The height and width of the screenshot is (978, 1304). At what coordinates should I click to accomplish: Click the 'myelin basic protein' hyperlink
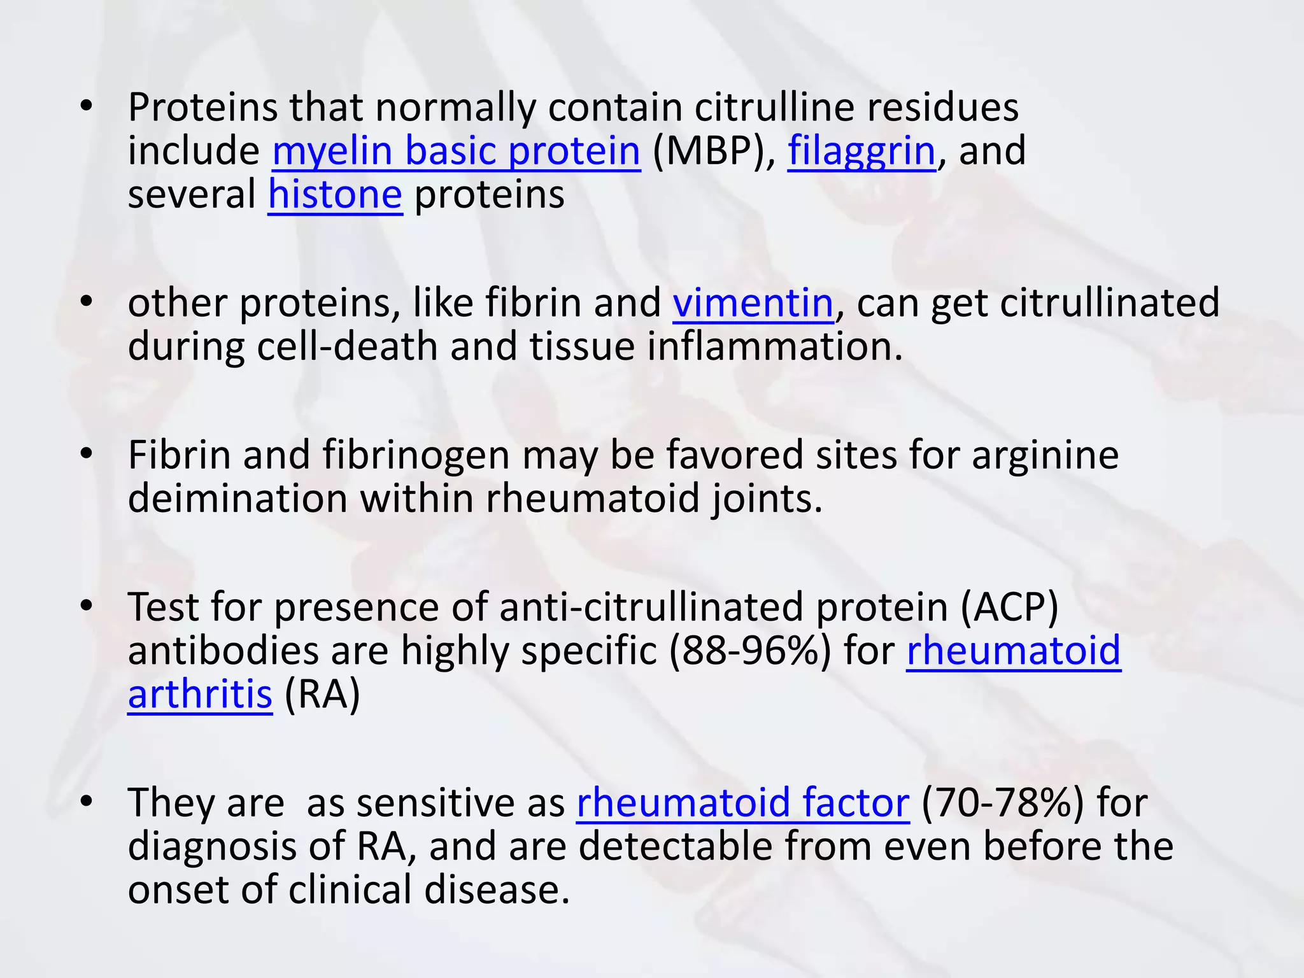coord(456,152)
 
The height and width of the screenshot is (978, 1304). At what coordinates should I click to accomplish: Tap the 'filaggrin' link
coord(861,152)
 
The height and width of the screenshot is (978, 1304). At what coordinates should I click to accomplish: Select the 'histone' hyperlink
coord(335,195)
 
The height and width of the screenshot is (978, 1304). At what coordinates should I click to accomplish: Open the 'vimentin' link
coord(753,303)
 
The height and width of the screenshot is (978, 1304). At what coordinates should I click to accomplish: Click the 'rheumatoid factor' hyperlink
coord(742,802)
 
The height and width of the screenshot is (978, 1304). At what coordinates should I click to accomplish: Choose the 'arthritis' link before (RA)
coord(200,694)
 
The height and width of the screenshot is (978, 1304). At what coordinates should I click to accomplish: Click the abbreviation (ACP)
coord(1009,607)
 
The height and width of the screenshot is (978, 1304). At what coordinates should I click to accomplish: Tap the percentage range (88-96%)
coord(750,651)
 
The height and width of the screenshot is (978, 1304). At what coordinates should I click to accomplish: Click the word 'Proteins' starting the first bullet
coord(203,107)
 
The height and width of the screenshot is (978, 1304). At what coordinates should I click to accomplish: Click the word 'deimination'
coord(237,499)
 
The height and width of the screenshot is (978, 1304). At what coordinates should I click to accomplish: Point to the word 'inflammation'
coord(774,347)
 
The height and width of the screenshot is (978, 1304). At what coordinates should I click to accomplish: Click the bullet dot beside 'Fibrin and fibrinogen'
coord(87,453)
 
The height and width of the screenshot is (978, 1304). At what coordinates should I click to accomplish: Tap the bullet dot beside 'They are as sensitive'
coord(87,800)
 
